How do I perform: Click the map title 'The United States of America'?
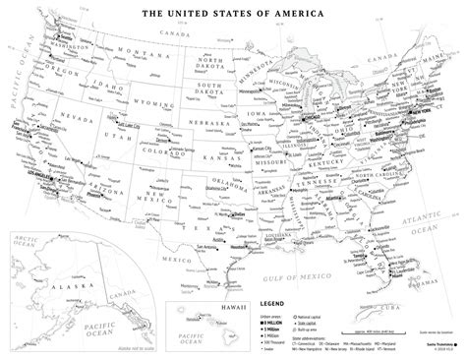click(232, 15)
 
